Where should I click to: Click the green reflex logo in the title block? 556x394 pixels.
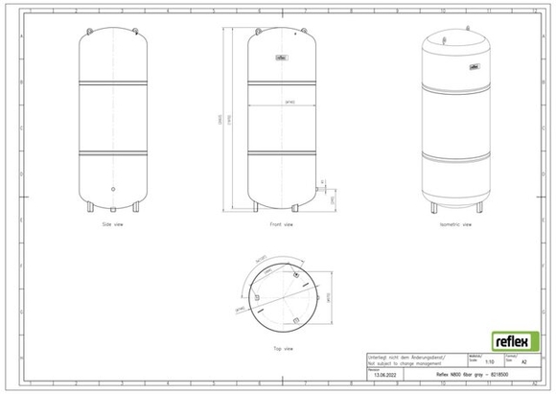[x=510, y=340]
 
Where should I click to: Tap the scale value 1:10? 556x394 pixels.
[x=489, y=362]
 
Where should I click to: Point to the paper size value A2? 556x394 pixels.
[x=522, y=362]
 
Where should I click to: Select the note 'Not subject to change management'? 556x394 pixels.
[x=401, y=363]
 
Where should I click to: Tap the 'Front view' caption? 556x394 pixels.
[x=282, y=224]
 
